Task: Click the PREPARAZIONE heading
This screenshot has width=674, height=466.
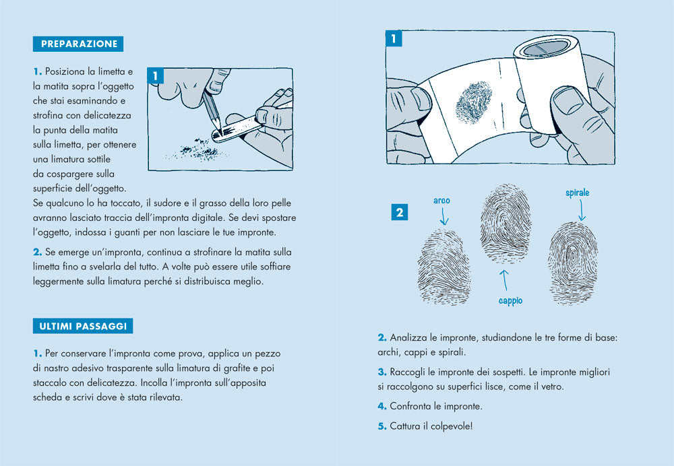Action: (x=79, y=44)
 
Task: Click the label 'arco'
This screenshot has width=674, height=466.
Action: (x=441, y=201)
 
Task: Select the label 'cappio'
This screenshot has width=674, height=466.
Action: (x=510, y=301)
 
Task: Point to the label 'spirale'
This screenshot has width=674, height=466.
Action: (x=577, y=193)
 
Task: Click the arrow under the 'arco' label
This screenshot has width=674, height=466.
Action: (x=443, y=217)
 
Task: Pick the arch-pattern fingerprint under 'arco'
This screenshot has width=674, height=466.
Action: (x=443, y=267)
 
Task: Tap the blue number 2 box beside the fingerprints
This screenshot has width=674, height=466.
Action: (x=400, y=213)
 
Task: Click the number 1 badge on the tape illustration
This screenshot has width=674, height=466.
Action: (x=394, y=39)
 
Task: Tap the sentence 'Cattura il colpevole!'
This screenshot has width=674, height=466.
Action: (x=431, y=426)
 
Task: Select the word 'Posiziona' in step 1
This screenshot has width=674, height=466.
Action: (x=67, y=71)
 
